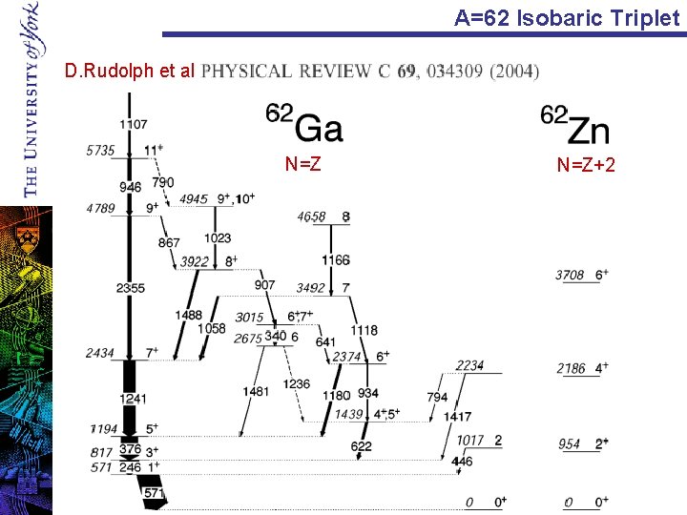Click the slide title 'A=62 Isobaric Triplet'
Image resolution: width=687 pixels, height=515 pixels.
(x=567, y=17)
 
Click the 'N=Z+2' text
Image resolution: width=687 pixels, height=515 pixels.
(x=586, y=166)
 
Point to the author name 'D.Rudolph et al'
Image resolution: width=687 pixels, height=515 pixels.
(x=129, y=71)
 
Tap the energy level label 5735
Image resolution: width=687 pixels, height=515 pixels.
(x=100, y=151)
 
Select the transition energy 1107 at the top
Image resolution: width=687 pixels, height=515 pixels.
(x=134, y=124)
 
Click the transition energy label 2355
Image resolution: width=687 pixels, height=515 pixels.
(x=131, y=288)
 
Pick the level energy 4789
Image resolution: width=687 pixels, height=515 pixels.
(x=100, y=208)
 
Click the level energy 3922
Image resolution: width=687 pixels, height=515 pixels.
(x=195, y=261)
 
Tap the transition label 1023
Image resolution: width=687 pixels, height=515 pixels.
(x=218, y=238)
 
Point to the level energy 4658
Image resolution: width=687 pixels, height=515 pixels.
(x=311, y=217)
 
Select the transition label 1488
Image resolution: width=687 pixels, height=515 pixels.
(x=189, y=316)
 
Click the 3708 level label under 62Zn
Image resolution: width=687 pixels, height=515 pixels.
(x=570, y=276)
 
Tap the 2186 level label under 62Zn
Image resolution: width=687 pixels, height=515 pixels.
(x=570, y=368)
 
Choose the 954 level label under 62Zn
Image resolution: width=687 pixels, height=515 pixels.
(x=569, y=444)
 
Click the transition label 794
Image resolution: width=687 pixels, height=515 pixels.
(x=437, y=397)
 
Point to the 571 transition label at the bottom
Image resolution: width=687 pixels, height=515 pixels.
(x=153, y=493)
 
